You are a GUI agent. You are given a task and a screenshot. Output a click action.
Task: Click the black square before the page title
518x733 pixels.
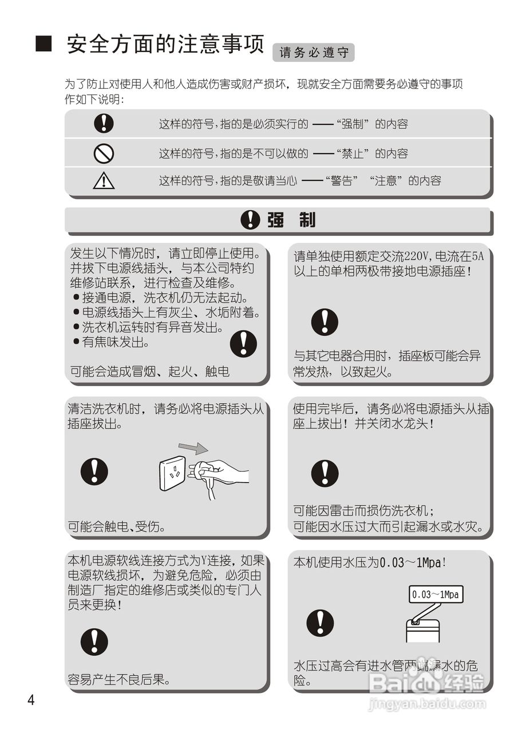point(44,44)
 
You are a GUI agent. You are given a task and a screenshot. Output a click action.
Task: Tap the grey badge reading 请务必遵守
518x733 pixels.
point(314,53)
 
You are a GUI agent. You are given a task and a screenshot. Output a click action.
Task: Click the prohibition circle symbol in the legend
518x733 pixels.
point(104,153)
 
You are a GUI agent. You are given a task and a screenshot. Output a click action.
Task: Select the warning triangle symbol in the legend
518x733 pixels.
point(104,181)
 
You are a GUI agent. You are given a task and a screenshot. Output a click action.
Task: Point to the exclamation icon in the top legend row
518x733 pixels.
point(104,123)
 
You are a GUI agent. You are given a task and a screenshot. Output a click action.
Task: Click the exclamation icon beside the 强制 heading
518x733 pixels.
point(249,219)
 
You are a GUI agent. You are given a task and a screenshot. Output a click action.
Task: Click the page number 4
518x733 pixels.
point(31,700)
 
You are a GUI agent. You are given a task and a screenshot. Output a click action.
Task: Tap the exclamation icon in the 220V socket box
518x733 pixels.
point(325,322)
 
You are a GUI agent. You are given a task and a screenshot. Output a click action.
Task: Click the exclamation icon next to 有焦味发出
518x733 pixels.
point(243,344)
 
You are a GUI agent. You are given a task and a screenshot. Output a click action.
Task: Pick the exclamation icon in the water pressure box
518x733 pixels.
point(320,623)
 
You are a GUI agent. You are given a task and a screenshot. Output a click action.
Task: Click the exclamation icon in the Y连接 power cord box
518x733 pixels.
point(94,641)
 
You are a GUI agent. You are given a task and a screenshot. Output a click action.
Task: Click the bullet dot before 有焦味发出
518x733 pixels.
point(76,342)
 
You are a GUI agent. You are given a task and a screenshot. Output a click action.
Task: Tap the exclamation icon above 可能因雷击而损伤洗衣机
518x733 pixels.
point(325,473)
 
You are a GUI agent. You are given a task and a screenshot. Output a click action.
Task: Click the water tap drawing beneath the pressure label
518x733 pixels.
point(422,627)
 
